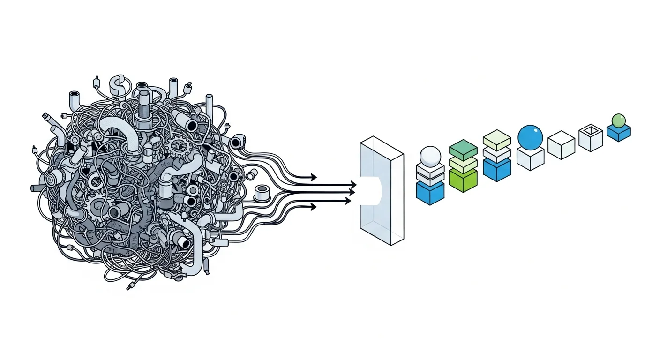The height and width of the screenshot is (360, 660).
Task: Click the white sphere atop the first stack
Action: coord(430,155)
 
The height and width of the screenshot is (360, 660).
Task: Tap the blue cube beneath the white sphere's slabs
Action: coord(430,193)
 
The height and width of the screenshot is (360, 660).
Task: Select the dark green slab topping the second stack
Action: coord(463,149)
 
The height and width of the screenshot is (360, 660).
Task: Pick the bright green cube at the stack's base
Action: coord(463,180)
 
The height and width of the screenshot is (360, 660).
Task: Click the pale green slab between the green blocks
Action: coord(463,164)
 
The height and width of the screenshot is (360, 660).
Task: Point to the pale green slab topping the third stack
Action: coord(496,139)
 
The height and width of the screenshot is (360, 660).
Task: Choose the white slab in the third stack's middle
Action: coord(496,154)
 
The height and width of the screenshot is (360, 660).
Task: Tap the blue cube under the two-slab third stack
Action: coord(496,170)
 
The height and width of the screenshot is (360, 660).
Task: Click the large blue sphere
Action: coord(530,137)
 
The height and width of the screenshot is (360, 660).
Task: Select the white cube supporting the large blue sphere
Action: coord(530,158)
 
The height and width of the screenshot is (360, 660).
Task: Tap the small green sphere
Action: coord(619,120)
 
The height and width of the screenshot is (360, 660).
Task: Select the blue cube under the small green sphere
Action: coord(619,133)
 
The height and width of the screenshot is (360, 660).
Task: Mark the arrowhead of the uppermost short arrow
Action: coord(313,177)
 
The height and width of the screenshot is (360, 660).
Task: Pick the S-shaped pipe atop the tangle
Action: coord(116,85)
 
